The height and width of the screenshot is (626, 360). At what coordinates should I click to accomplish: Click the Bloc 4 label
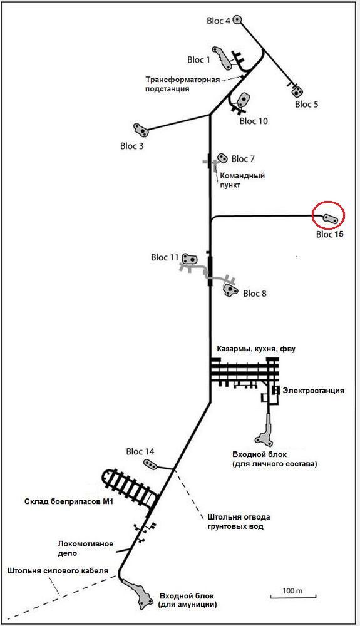(x=219, y=21)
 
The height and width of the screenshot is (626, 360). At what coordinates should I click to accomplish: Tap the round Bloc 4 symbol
(x=237, y=19)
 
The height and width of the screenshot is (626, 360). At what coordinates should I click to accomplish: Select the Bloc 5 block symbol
(x=297, y=92)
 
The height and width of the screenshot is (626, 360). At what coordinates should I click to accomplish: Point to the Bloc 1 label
(x=198, y=60)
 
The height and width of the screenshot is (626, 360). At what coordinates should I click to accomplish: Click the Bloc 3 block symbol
(x=140, y=130)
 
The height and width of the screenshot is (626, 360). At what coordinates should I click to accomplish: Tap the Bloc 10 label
(x=254, y=121)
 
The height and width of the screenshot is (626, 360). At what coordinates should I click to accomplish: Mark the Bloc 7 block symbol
(x=222, y=158)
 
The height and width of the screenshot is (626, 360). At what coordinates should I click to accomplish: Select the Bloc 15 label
(x=330, y=234)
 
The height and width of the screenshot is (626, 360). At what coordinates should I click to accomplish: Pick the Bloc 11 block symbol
(x=190, y=259)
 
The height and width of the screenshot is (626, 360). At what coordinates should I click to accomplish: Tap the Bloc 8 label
(x=255, y=294)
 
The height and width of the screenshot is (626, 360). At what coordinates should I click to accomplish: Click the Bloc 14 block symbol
(x=150, y=465)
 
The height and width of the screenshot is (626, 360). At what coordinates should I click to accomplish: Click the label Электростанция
(x=313, y=391)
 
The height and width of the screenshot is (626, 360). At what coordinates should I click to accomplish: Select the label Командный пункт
(x=242, y=180)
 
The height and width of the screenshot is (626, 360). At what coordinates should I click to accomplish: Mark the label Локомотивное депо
(x=85, y=548)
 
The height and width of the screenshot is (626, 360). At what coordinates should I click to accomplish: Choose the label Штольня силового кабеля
(x=58, y=570)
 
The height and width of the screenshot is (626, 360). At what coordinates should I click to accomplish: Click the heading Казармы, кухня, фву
(x=256, y=349)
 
